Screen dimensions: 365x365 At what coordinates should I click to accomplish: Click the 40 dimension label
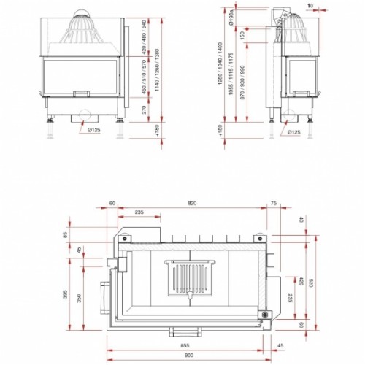click(299, 220)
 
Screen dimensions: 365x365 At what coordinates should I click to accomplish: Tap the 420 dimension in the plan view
click(300, 281)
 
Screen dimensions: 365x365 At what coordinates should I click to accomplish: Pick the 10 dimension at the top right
click(310, 6)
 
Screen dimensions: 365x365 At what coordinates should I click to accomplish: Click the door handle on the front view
click(82, 93)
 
